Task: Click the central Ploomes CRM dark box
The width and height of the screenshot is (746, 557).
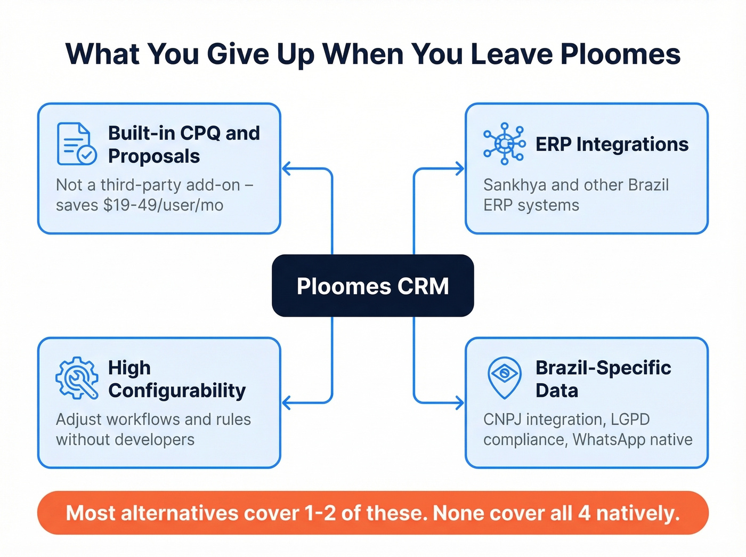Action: click(372, 286)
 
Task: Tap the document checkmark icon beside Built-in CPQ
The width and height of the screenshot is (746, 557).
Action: click(77, 143)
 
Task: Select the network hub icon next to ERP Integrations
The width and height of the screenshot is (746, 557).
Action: click(504, 143)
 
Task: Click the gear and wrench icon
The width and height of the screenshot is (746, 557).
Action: click(77, 378)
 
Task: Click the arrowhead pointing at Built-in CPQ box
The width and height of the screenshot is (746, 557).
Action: click(287, 169)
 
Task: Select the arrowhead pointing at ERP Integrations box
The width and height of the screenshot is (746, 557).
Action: click(459, 169)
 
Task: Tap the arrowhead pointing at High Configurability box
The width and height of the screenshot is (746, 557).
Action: click(287, 402)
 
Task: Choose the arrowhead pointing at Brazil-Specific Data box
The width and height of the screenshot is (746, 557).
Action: click(459, 402)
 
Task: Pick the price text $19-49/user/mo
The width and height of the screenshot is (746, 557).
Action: click(163, 205)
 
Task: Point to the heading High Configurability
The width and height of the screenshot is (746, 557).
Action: click(176, 379)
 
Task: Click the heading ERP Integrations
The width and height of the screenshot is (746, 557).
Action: click(612, 144)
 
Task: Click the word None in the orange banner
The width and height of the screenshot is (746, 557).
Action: click(458, 513)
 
